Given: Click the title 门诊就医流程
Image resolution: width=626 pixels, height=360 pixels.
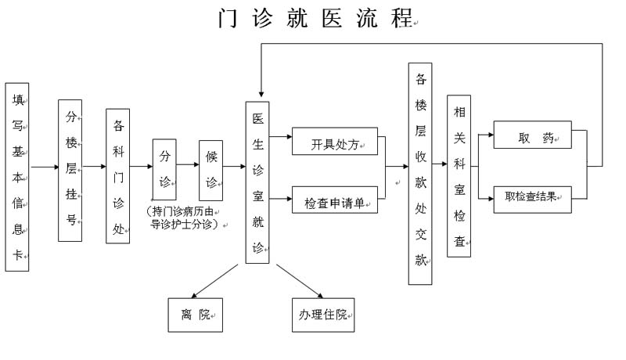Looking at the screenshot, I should [x=316, y=18].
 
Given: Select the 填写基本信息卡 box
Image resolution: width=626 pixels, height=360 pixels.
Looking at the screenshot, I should [x=17, y=177].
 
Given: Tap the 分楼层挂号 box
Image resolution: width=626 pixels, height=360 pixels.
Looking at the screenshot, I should [x=70, y=171].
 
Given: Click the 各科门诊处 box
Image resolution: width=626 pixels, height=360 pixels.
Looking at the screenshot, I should [x=118, y=176].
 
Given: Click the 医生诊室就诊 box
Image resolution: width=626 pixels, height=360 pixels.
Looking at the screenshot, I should [x=257, y=182].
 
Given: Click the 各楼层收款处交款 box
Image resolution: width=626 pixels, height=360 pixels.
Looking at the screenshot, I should [x=420, y=174].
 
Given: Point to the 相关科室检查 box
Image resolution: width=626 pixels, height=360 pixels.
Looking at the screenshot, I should [x=459, y=176].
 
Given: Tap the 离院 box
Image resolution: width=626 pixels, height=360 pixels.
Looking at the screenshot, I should [x=195, y=315].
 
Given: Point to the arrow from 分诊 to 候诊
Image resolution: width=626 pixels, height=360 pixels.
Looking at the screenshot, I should [x=188, y=166].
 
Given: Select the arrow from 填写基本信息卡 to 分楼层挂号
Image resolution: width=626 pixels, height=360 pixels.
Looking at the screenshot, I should [x=44, y=167].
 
